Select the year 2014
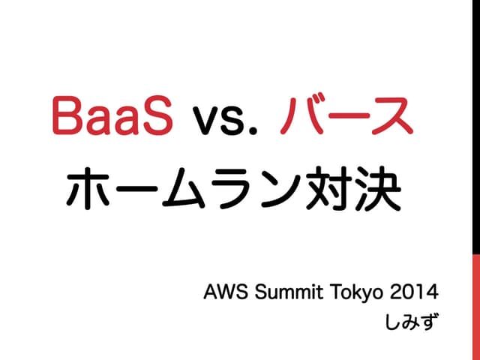pos(411,290)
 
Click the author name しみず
pos(412,322)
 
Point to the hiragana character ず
pos(429,322)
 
